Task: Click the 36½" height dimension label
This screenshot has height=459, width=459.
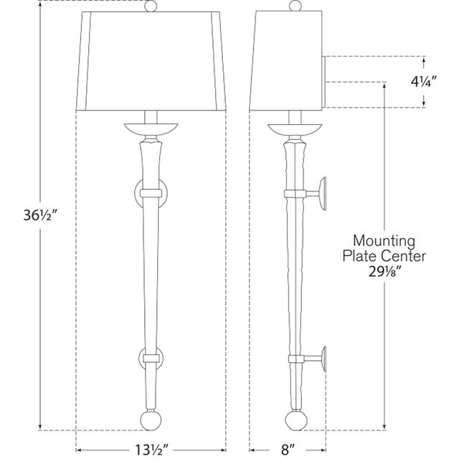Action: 39,216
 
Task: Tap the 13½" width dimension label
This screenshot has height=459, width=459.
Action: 151,450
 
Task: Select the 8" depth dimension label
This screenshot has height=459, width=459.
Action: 288,450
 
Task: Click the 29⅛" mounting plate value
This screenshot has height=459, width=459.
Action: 384,273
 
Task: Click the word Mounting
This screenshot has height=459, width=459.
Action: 384,241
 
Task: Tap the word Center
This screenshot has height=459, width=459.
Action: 405,256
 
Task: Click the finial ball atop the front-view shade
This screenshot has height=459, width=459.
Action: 151,6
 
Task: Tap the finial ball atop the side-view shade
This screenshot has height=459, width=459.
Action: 295,5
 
